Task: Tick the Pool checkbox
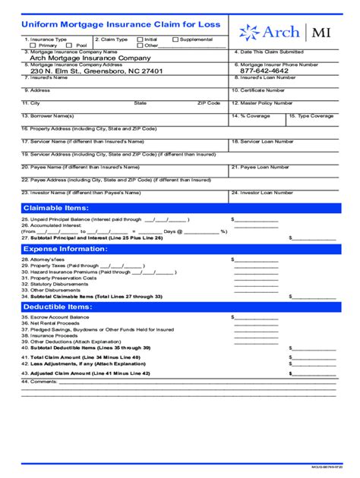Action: [71, 46]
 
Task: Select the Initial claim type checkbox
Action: [140, 39]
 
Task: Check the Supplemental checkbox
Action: [175, 39]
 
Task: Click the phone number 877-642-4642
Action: [266, 71]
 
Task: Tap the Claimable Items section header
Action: [57, 208]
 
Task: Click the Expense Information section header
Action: [64, 249]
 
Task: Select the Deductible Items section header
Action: [58, 306]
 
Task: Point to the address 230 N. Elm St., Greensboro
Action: [103, 71]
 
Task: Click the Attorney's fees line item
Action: [39, 259]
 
